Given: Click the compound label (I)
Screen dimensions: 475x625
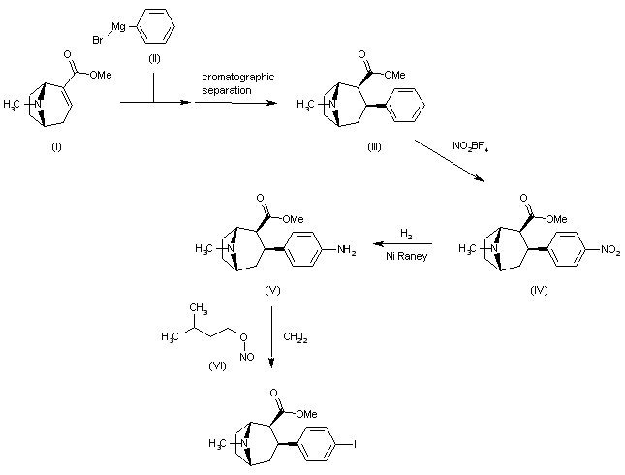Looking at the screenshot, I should [55, 150].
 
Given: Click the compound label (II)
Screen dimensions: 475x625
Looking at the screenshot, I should [154, 59].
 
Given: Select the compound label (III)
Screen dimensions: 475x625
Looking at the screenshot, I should [373, 145].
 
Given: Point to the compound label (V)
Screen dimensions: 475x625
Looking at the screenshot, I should [273, 289].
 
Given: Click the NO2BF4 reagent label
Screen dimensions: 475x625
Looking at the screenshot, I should [470, 146].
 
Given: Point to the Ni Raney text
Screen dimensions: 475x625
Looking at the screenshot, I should [405, 256].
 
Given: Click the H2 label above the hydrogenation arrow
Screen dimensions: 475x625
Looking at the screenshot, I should [406, 235].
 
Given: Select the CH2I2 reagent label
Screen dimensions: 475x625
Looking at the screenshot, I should [296, 337].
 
